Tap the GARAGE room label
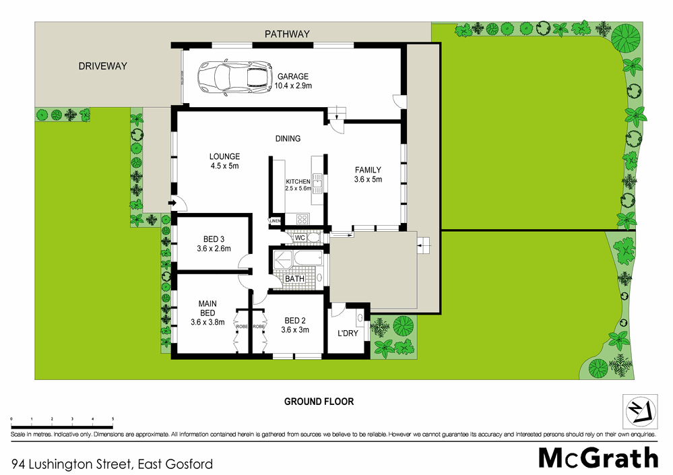click(292, 77)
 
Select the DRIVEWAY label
click(102, 66)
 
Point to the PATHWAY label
click(287, 34)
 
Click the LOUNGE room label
click(224, 157)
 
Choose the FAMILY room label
click(368, 170)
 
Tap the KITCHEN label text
click(298, 182)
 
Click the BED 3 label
click(214, 239)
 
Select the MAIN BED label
click(207, 309)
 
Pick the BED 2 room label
click(294, 320)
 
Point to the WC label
click(300, 238)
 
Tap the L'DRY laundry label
click(348, 334)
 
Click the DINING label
click(288, 139)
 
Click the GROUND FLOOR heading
click(319, 402)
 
